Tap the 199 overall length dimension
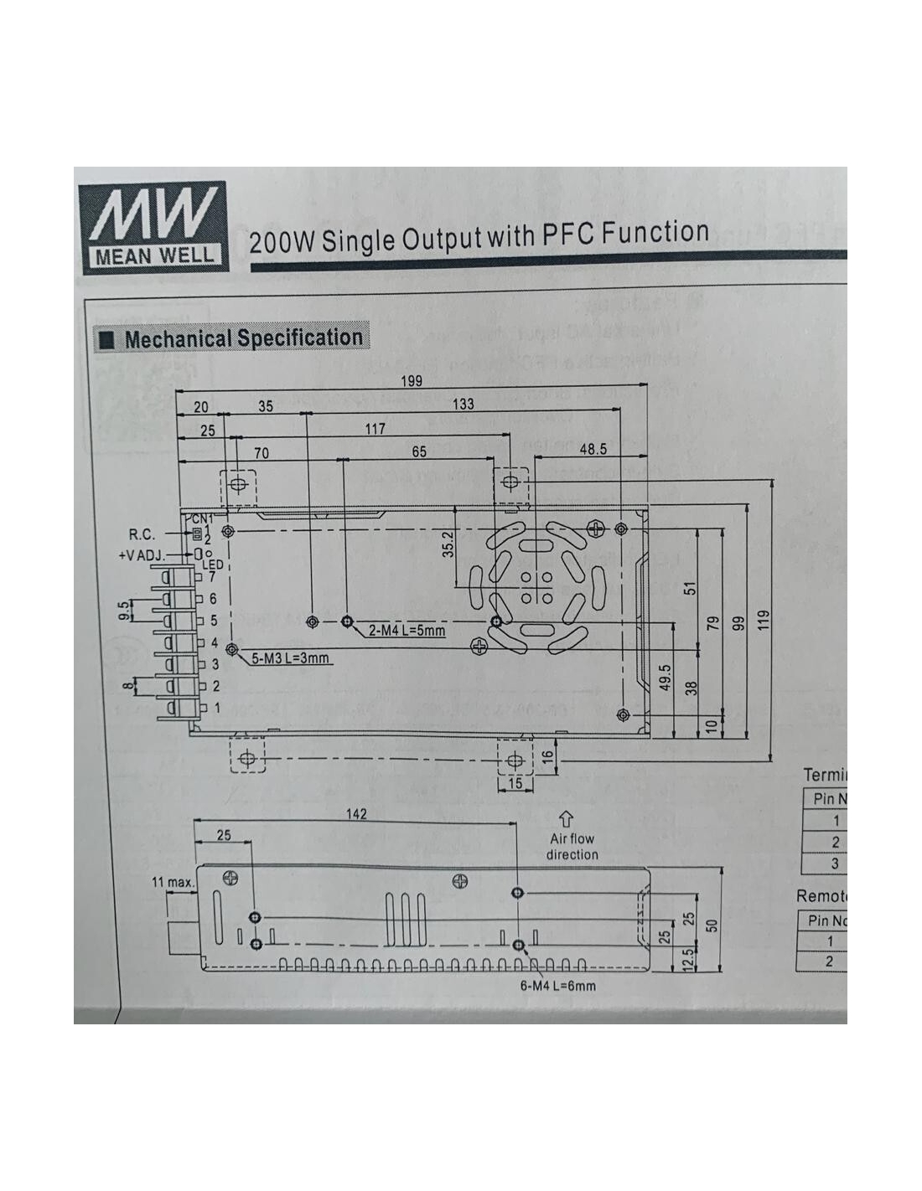(x=411, y=381)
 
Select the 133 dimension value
(x=463, y=404)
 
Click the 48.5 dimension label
(x=593, y=450)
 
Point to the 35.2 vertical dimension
(x=448, y=544)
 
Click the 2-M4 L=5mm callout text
(x=407, y=630)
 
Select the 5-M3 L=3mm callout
(x=291, y=658)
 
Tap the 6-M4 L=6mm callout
(x=557, y=986)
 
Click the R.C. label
(x=142, y=534)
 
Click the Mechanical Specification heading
(x=243, y=338)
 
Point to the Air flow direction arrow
(x=566, y=818)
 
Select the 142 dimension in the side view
(x=356, y=814)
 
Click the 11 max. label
(x=173, y=882)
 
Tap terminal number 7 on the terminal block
(x=212, y=576)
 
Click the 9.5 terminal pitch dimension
(x=124, y=611)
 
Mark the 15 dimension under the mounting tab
(x=515, y=783)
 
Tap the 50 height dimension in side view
(x=712, y=925)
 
